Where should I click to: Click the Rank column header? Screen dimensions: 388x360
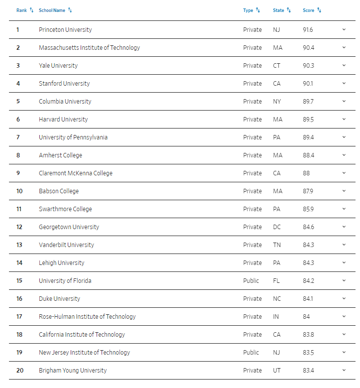pyautogui.click(x=21, y=10)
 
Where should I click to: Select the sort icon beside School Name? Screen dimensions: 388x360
pyautogui.click(x=70, y=10)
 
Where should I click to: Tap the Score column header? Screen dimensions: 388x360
pyautogui.click(x=308, y=10)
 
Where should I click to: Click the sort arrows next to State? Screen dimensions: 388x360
pyautogui.click(x=289, y=10)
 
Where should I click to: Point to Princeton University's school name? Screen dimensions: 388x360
pyautogui.click(x=65, y=30)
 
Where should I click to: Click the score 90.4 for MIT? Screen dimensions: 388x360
pyautogui.click(x=309, y=48)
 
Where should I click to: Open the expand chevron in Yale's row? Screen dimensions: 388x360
pyautogui.click(x=344, y=66)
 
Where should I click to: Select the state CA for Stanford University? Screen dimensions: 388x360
pyautogui.click(x=277, y=84)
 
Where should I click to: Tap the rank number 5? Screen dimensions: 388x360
pyautogui.click(x=18, y=102)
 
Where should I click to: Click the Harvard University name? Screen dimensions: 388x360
pyautogui.click(x=63, y=120)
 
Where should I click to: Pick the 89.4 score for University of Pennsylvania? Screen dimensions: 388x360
pyautogui.click(x=309, y=137)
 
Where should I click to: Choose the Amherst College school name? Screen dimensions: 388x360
pyautogui.click(x=60, y=155)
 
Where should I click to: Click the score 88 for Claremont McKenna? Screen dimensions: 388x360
pyautogui.click(x=306, y=173)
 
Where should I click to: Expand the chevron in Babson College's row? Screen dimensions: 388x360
pyautogui.click(x=344, y=191)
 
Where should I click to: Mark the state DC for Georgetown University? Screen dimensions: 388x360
pyautogui.click(x=277, y=227)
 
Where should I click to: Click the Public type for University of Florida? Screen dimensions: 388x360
pyautogui.click(x=251, y=281)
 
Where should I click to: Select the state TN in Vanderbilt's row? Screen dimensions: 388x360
pyautogui.click(x=277, y=245)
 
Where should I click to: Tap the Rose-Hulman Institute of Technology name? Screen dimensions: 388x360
pyautogui.click(x=87, y=317)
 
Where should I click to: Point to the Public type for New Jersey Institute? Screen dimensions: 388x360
pyautogui.click(x=251, y=353)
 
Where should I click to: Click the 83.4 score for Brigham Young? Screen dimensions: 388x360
pyautogui.click(x=309, y=371)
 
